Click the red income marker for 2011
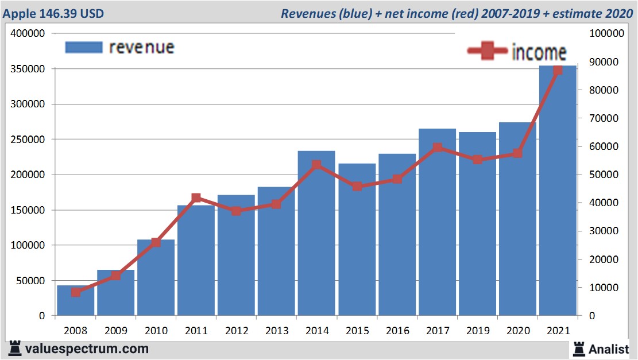(196, 198)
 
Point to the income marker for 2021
(558, 70)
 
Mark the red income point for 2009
(116, 276)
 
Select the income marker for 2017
(438, 148)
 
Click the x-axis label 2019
(477, 332)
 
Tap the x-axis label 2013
(276, 332)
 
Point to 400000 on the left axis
(28, 33)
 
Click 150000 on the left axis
(28, 210)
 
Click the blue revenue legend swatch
(84, 47)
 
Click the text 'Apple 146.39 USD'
(53, 13)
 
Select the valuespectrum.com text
(87, 349)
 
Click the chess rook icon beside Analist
(578, 348)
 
